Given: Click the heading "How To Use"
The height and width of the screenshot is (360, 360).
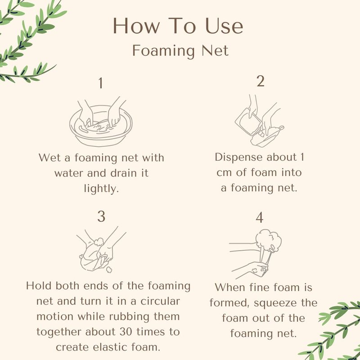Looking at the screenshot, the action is click(178, 26).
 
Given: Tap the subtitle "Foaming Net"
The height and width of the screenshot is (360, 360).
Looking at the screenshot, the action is click(180, 50).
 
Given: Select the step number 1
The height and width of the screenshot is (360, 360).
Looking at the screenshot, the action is click(100, 83).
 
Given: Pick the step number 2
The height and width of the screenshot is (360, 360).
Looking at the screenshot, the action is click(261, 81).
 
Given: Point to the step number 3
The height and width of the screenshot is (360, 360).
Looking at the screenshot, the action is click(101, 216).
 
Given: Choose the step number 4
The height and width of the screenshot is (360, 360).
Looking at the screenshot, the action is click(260, 217).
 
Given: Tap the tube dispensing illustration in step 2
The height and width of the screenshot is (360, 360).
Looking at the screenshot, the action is click(260, 121).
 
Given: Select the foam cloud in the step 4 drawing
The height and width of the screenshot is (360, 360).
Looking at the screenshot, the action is click(269, 239).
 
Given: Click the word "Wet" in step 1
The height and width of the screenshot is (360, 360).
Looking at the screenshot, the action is click(50, 158).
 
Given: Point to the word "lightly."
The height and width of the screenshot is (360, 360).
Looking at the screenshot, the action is click(101, 189).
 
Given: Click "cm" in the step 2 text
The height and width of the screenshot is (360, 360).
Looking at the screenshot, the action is click(224, 173).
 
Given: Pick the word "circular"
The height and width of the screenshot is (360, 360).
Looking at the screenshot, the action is click(160, 301).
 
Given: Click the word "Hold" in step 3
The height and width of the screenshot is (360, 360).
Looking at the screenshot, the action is click(39, 286).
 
